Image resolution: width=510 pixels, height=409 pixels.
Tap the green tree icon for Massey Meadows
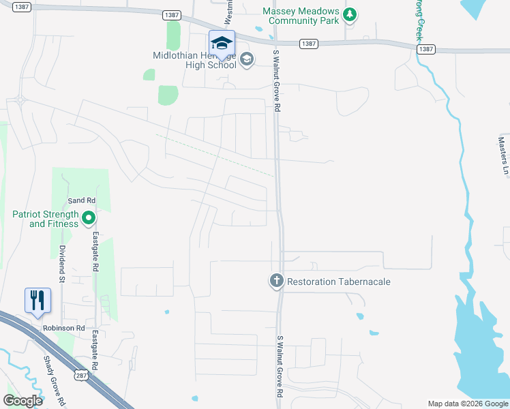pos(350,14)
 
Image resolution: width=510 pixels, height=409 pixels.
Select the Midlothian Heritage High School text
pos(195,60)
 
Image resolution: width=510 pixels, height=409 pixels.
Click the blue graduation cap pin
pos(222,44)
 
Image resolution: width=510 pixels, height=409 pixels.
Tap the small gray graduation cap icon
pos(246,61)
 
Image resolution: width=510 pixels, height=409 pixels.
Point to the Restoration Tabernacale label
pos(339,282)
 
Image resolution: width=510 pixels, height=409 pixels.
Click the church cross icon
pos(276,281)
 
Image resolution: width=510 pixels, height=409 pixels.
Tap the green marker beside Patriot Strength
pos(89,219)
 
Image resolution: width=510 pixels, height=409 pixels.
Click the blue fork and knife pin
pos(37,301)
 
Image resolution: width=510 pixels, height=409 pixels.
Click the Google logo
pos(22,401)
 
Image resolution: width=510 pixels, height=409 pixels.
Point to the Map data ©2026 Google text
pos(468,404)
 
